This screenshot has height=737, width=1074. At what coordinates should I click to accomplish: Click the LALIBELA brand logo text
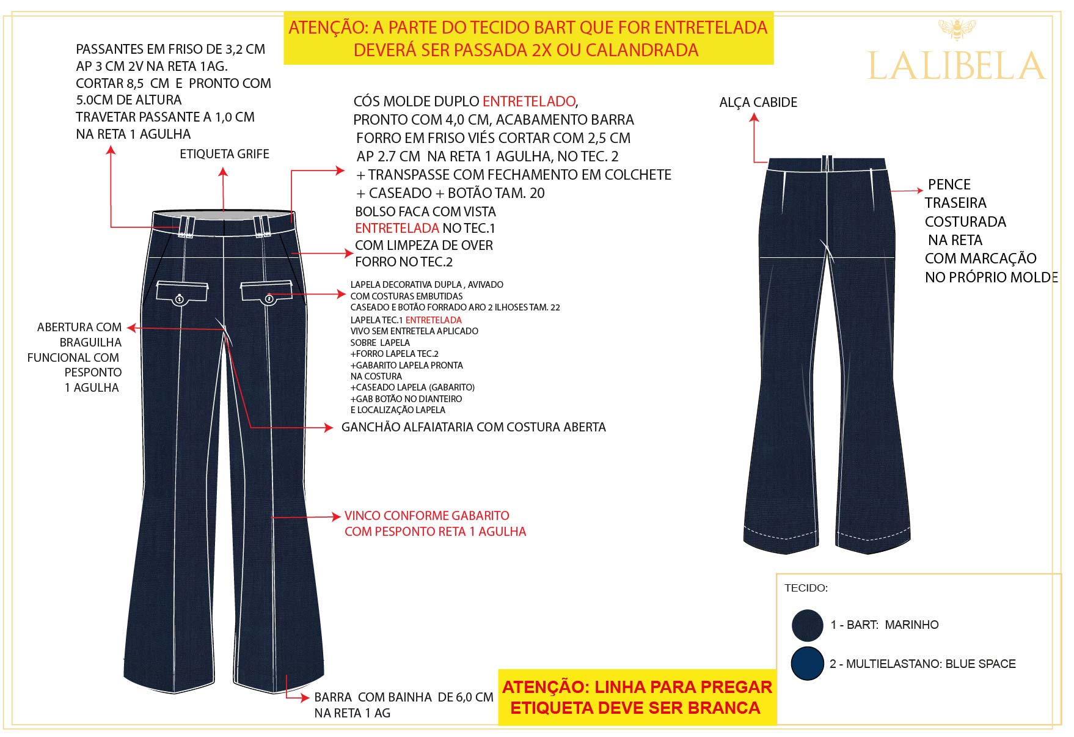coord(956,66)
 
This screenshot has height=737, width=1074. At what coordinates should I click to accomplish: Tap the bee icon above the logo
coord(957,28)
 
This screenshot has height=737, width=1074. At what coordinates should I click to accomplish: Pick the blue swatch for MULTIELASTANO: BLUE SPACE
coord(807,664)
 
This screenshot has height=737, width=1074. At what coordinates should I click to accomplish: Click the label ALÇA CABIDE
coord(758,103)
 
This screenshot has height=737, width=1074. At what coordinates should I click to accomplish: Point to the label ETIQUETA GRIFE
coord(224,154)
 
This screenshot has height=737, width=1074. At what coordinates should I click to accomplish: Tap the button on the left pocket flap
coord(180,299)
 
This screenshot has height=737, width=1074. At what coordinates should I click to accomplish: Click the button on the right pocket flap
coord(269,298)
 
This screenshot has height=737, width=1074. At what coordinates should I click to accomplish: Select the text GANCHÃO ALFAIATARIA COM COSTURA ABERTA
coord(473,427)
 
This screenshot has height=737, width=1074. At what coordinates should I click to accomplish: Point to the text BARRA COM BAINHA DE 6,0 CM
coord(404,697)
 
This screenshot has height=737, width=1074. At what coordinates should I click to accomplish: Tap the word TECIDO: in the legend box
coord(806,588)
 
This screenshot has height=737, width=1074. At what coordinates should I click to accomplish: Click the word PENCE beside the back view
coord(949,185)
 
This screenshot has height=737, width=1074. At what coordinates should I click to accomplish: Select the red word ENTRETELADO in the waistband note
coord(529,101)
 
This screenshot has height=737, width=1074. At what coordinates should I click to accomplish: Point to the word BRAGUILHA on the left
coord(90,343)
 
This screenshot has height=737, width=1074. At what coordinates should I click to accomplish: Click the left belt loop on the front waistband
coord(186,226)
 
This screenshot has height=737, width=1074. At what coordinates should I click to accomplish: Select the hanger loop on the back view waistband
coord(827,163)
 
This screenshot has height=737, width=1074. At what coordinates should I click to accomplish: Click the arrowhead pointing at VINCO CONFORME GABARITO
coord(335,516)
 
